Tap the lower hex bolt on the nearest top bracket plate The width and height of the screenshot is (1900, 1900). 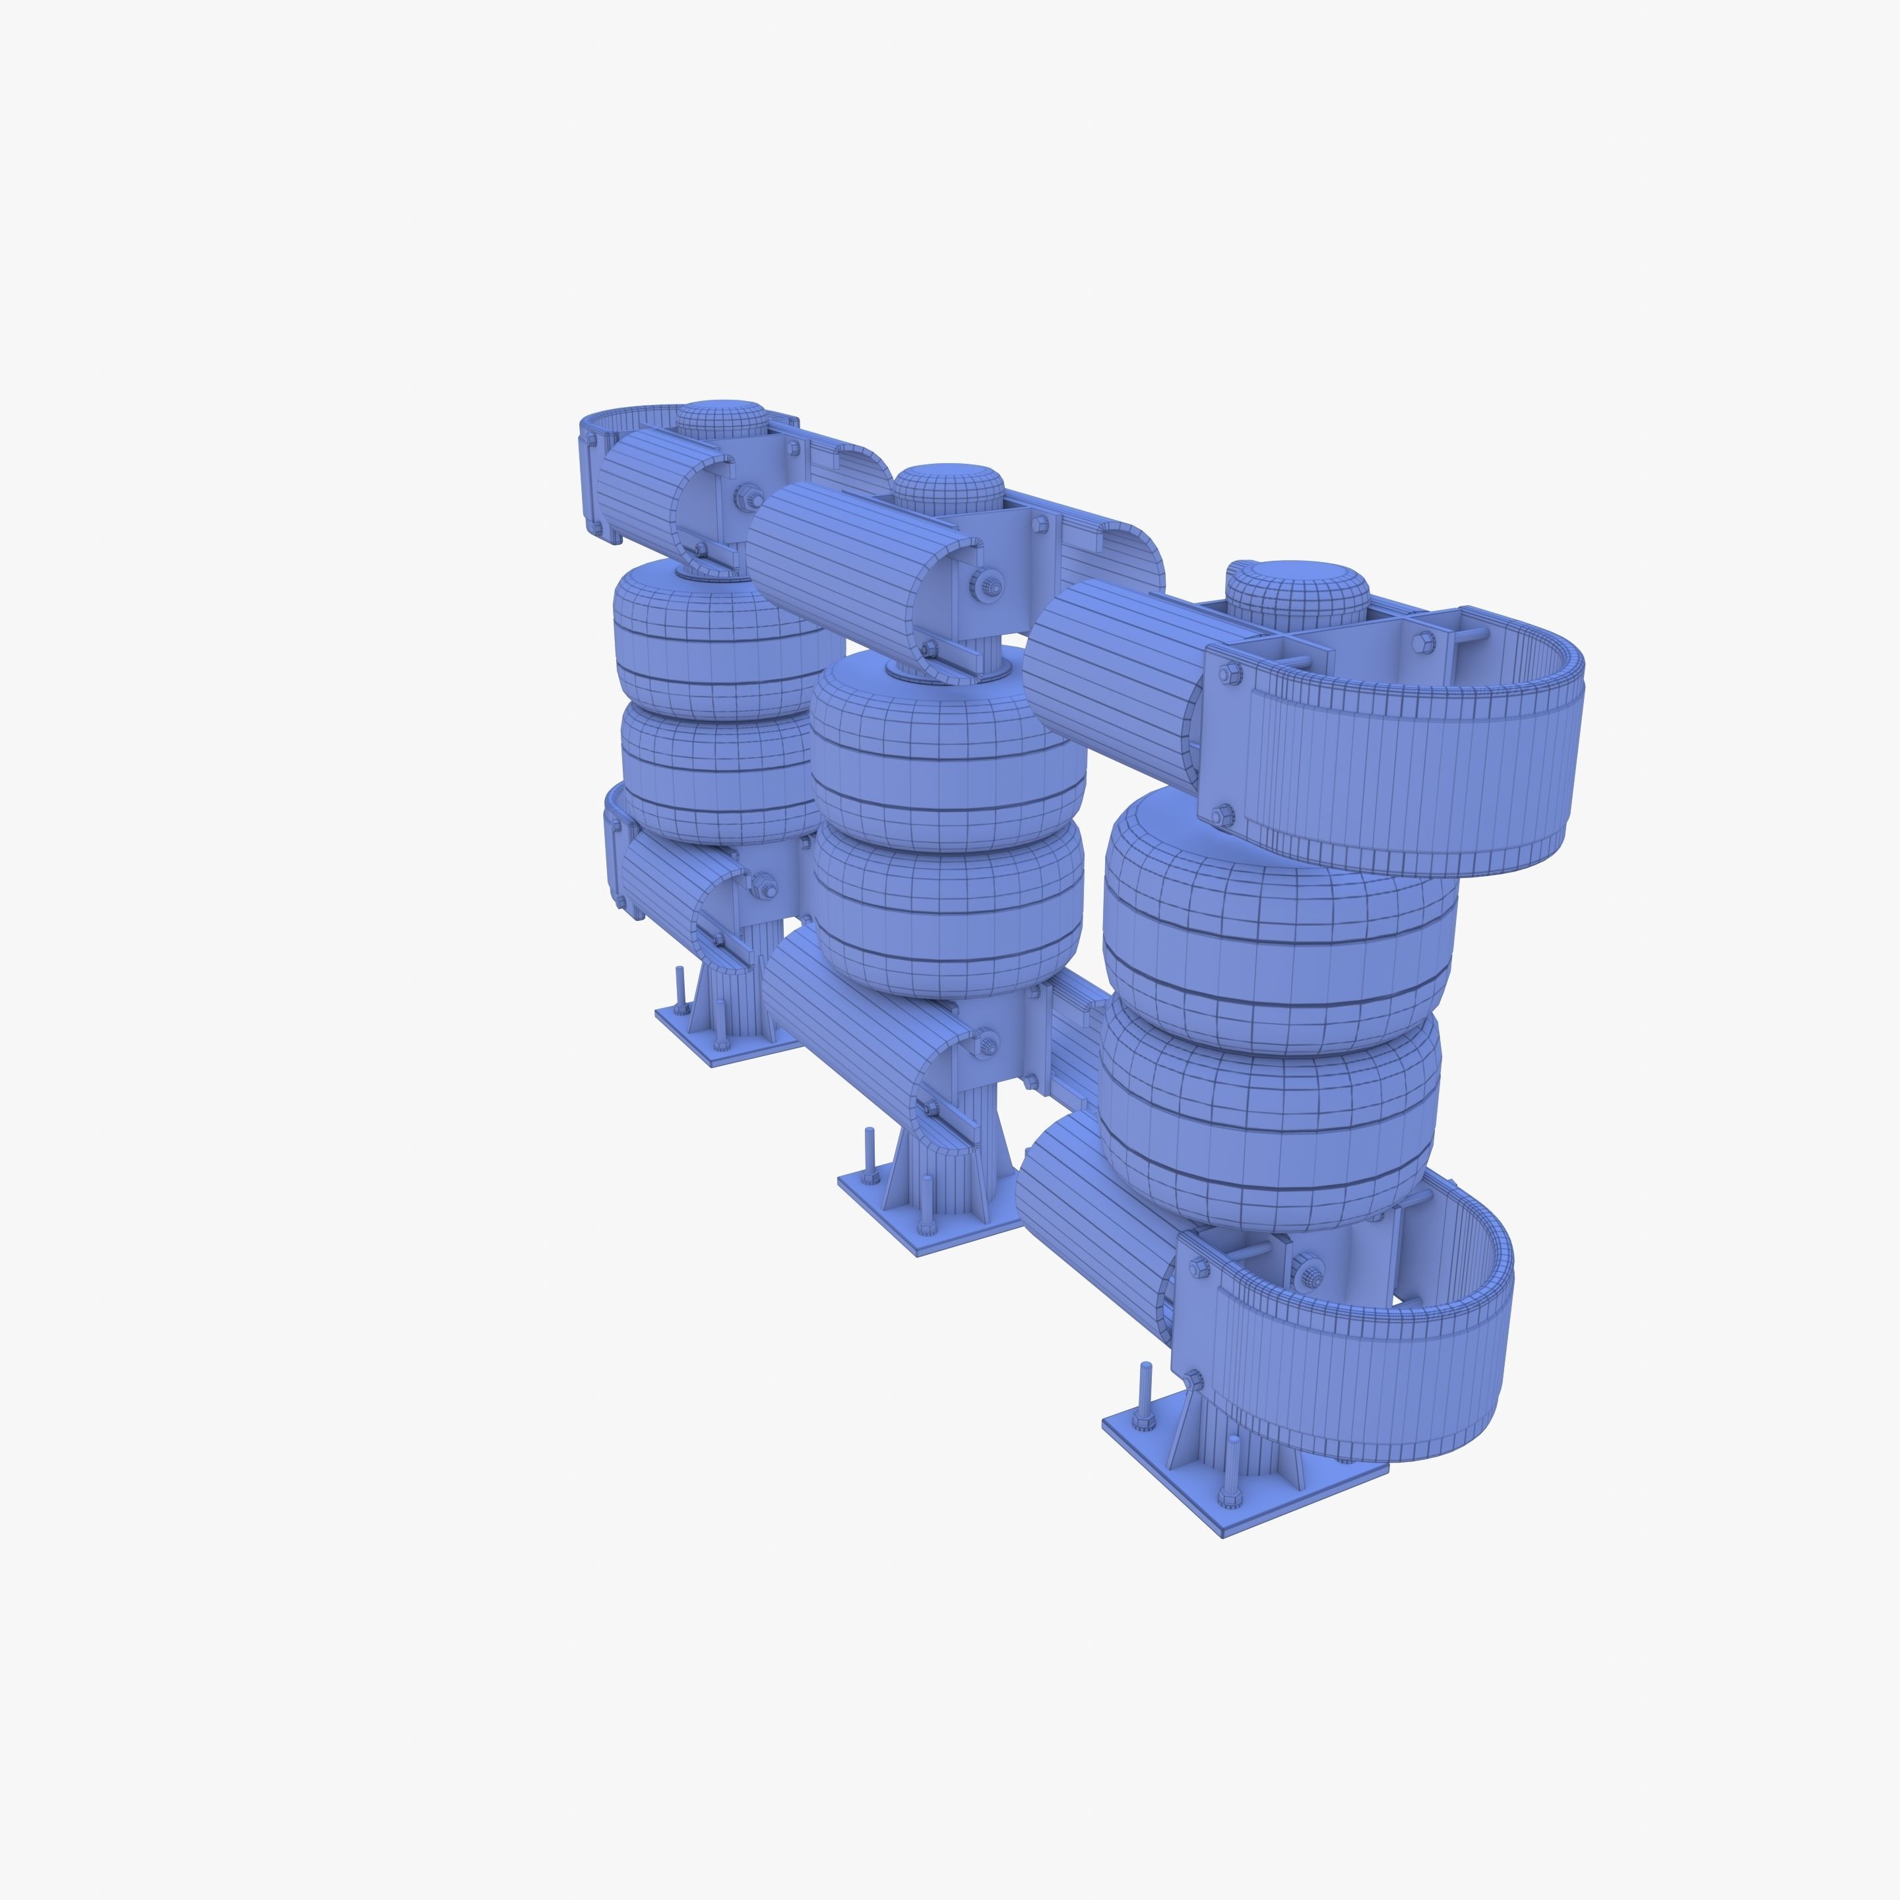1222,814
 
